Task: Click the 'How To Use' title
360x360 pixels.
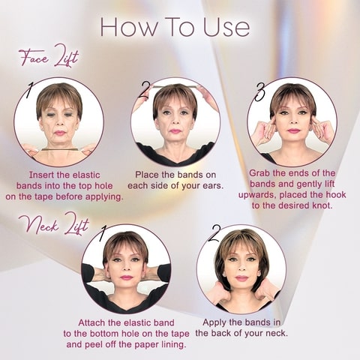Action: click(x=175, y=26)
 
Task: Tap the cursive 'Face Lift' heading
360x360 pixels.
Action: click(x=47, y=58)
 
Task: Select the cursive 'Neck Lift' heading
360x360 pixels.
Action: click(x=49, y=223)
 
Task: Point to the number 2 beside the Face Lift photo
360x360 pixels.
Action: click(x=145, y=91)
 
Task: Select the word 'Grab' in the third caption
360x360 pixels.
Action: click(x=262, y=172)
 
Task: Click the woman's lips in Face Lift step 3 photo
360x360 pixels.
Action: click(x=292, y=131)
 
